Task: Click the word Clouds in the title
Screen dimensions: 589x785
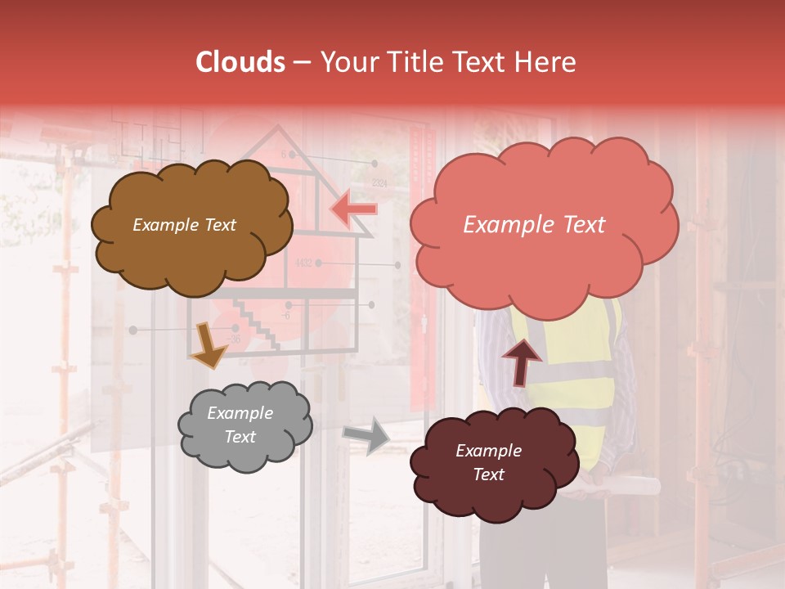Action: (x=240, y=62)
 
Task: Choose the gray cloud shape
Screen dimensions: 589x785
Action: (x=245, y=450)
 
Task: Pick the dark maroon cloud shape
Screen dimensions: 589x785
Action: (x=489, y=491)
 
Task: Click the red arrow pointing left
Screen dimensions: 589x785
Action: (x=354, y=209)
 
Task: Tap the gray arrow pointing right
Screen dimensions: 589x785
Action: (x=367, y=435)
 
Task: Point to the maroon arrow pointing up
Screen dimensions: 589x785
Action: (x=522, y=362)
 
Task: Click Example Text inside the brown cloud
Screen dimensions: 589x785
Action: (x=184, y=225)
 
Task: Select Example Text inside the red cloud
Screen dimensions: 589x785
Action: (x=534, y=225)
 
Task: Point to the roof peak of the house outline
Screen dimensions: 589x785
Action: (x=279, y=128)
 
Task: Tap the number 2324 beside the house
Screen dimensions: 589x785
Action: (x=379, y=183)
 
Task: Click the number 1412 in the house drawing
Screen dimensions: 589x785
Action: (x=303, y=263)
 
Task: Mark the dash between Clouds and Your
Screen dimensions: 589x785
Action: (x=302, y=63)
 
